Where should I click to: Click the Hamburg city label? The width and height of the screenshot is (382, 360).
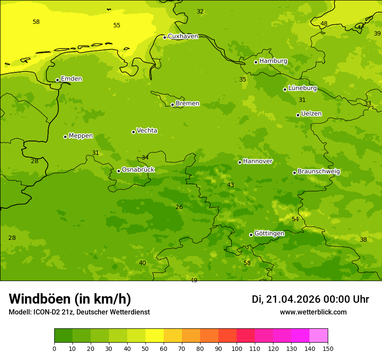273,61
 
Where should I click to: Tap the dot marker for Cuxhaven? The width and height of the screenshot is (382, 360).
165,37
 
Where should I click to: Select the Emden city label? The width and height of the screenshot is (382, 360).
71,79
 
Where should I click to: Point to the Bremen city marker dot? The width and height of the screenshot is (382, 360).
172,105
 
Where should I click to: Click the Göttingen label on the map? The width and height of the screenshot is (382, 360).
269,234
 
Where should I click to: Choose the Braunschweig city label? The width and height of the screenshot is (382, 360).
319,172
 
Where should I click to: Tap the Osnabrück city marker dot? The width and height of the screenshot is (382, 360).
119,171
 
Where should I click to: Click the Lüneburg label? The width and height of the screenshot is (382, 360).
302,88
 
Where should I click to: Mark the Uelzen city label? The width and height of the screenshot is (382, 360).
311,114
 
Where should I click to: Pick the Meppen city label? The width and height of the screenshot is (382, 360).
81,136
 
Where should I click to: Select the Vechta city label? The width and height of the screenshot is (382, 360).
147,131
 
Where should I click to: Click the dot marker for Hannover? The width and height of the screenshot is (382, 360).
240,162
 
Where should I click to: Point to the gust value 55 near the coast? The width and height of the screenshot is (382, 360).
117,26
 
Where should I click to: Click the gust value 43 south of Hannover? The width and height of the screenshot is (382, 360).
231,185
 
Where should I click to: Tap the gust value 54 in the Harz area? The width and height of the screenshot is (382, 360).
295,219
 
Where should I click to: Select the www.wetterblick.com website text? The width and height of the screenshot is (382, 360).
313,312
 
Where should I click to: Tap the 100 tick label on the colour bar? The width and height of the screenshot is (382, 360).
237,348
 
